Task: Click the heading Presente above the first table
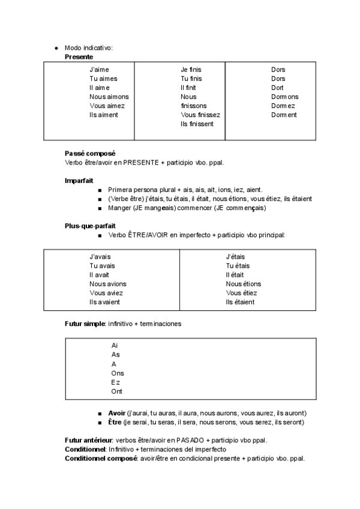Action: (79, 56)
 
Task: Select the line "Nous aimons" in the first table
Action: (109, 97)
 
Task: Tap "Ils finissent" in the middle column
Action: (197, 124)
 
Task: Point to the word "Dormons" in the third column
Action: (284, 97)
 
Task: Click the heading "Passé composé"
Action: (90, 153)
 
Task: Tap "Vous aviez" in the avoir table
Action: (106, 293)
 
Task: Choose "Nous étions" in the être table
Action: (243, 284)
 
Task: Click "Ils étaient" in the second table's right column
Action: (240, 302)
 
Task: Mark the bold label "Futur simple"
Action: (85, 324)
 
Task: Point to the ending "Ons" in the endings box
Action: (118, 373)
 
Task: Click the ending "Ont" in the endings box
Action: (116, 391)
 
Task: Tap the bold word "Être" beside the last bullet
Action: (115, 423)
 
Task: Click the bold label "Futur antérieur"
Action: (88, 441)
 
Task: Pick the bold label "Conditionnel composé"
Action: (101, 459)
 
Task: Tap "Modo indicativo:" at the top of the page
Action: (89, 47)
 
